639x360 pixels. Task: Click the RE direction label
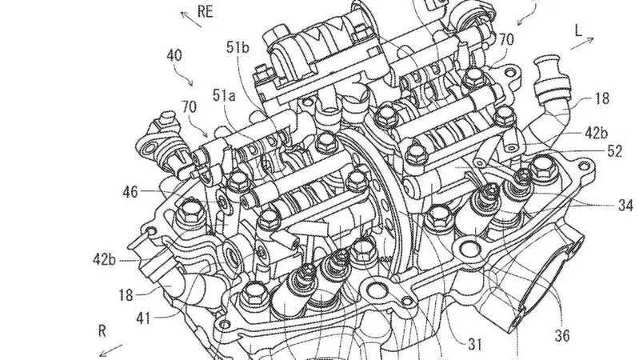point(206,11)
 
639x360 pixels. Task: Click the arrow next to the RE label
point(191,19)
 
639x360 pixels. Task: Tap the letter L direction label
point(578,30)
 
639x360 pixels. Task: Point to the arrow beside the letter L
point(582,43)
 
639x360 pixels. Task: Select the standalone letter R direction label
point(102,330)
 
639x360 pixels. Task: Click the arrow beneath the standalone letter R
point(111,350)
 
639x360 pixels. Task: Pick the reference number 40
point(174,55)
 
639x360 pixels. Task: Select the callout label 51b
point(238,48)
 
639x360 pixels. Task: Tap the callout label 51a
point(224,95)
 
